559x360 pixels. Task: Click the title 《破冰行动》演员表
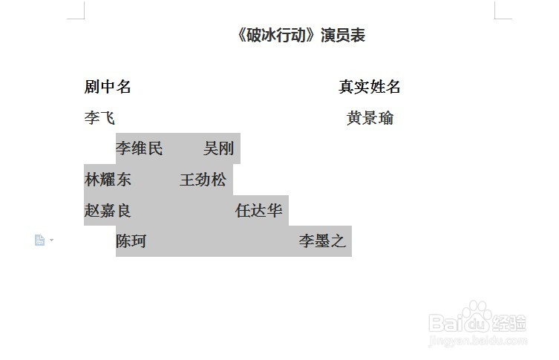301,36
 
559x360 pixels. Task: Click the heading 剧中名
108,87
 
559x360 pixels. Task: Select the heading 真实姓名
370,87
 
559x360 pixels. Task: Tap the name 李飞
99,118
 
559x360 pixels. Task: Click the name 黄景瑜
370,118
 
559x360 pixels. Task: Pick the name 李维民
139,148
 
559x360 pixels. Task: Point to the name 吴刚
219,148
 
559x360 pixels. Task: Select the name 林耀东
108,180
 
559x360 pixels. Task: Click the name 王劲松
203,180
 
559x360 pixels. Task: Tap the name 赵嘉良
108,211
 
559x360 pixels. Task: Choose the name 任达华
258,211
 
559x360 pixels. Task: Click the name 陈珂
131,241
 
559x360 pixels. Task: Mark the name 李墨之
322,241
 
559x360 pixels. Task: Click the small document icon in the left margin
40,240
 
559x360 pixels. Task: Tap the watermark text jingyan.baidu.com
479,339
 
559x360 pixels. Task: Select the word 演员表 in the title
343,36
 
